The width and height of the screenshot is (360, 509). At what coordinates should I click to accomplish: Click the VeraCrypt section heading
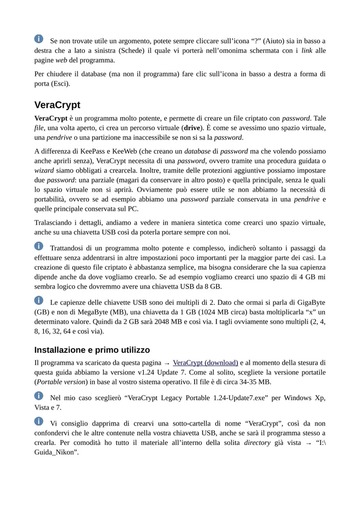coord(57,105)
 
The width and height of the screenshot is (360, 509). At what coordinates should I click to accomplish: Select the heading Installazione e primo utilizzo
coord(92,350)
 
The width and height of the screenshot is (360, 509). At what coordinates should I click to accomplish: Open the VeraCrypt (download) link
coord(205,363)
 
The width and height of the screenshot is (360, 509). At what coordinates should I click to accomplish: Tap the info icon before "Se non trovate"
coord(39,39)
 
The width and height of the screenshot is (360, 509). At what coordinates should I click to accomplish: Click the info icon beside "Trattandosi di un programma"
coord(39,246)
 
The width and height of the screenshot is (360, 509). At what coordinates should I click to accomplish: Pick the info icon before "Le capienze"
coord(39,301)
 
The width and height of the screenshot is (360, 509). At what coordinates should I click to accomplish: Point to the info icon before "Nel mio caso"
coord(39,395)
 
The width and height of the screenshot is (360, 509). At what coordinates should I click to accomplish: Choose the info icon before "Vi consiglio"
coord(39,421)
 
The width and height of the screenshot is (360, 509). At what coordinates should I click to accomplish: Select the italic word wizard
coord(44,171)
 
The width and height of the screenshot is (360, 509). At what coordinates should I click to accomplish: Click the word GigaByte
coord(310,302)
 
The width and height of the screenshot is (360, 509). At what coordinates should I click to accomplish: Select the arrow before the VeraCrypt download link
coord(167,363)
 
